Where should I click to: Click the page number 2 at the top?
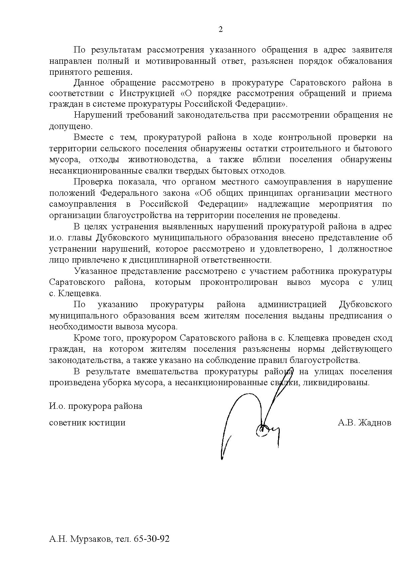(221, 30)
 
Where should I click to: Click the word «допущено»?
(70, 126)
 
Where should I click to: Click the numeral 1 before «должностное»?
(330, 249)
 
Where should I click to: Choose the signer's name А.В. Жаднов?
(364, 423)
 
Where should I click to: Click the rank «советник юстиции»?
(87, 423)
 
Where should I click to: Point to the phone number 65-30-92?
(152, 539)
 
